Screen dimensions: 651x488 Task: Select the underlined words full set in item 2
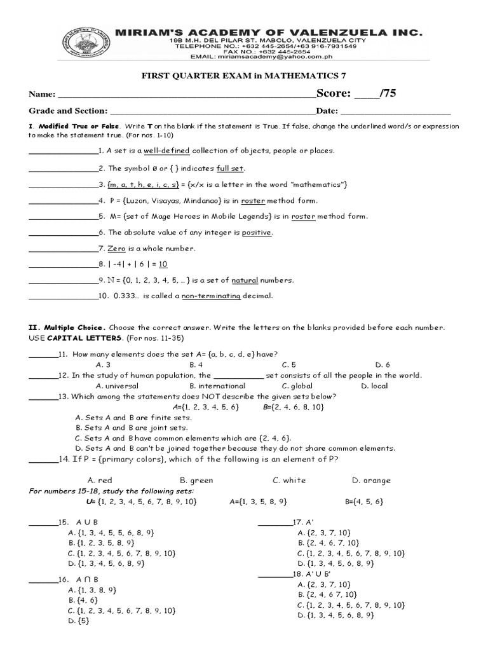coord(230,168)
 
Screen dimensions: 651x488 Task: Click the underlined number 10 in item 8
coord(163,264)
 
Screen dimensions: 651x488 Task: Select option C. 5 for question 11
coord(289,365)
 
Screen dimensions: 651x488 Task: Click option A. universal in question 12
coord(117,386)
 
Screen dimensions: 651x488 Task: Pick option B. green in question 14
coord(196,481)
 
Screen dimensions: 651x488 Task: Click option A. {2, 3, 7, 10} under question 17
coord(323,533)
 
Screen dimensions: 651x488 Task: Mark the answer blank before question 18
coord(274,575)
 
